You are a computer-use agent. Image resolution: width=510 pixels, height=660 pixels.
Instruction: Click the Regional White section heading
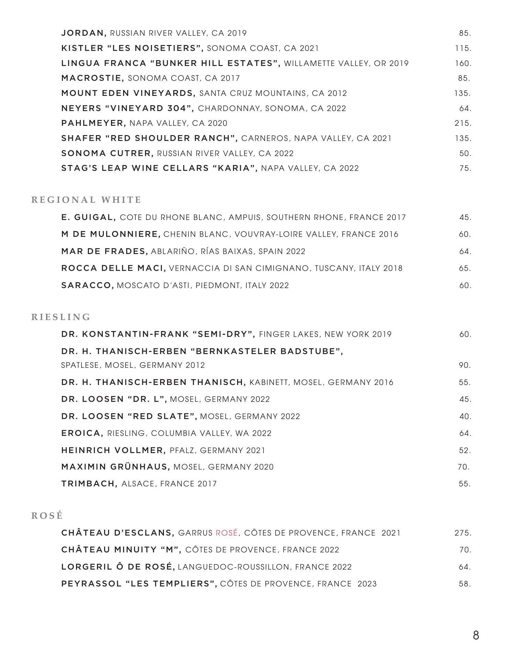86,200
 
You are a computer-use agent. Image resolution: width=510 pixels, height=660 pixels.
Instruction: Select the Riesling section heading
61,317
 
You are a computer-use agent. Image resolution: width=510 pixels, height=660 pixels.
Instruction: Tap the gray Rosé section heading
47,516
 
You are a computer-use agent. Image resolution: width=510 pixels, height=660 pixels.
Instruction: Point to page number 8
476,635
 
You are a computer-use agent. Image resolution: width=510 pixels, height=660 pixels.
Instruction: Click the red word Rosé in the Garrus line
226,533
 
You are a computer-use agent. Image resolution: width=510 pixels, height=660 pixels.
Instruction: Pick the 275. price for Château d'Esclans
463,533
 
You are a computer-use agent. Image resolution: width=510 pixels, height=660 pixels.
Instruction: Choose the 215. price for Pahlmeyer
463,123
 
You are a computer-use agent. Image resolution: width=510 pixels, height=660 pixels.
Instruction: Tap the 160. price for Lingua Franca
463,63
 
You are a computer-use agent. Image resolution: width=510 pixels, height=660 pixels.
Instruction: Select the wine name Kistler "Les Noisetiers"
132,48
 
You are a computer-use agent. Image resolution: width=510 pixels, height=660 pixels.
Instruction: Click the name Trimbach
89,484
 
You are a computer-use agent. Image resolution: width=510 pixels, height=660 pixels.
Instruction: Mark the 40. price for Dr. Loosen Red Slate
465,416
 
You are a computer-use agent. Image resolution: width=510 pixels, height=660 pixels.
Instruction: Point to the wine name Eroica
82,433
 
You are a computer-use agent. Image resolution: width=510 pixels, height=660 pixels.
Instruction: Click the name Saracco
88,285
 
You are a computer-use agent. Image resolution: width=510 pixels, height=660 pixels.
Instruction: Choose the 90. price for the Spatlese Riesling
465,365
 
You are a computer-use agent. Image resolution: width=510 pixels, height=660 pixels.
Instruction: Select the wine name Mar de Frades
104,251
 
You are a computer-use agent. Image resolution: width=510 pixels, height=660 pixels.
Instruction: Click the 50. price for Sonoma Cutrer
465,153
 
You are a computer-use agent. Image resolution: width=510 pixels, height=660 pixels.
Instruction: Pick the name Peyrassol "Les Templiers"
139,584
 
